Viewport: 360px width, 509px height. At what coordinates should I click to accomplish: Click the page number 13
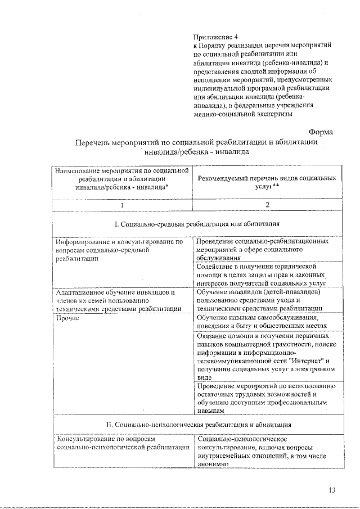[x=332, y=490]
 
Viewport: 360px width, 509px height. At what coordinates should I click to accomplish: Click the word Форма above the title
[x=321, y=132]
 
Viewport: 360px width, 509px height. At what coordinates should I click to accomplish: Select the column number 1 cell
[x=121, y=204]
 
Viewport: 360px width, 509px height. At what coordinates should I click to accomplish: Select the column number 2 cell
[x=267, y=204]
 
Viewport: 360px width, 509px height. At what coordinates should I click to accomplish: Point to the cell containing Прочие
[x=67, y=318]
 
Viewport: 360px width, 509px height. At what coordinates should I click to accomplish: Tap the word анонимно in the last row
[x=212, y=464]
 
